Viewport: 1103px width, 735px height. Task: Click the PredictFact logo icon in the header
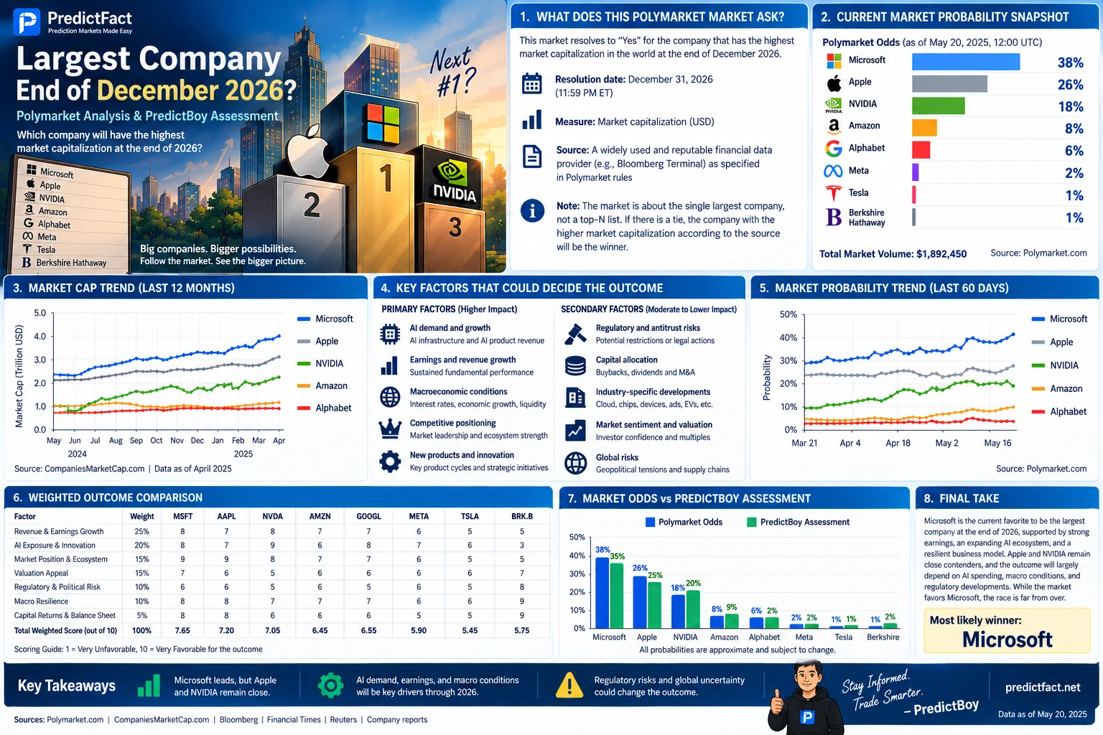[x=27, y=22]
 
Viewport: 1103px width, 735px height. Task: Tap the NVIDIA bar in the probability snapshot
[x=938, y=106]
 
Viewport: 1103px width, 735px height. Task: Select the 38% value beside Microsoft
[x=1070, y=62]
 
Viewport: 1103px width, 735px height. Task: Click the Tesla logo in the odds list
[x=833, y=193]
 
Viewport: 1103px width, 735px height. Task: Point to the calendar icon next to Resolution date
[x=532, y=84]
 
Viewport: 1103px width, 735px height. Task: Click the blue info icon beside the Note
[x=532, y=211]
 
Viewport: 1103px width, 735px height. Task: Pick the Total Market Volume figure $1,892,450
[x=941, y=254]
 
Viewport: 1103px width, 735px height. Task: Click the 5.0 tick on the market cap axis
[x=40, y=313]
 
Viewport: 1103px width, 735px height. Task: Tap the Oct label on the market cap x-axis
[x=157, y=441]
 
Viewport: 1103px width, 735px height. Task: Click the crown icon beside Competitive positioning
[x=390, y=429]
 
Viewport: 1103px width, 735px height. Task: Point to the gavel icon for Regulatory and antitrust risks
[x=575, y=334]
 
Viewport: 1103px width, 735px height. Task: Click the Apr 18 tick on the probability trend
[x=898, y=443]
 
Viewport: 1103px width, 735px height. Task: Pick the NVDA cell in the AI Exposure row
[x=272, y=546]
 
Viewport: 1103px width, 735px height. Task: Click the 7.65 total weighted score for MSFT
[x=182, y=631]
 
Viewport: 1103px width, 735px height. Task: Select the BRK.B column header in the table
[x=522, y=516]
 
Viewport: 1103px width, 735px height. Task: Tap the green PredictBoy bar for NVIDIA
[x=693, y=609]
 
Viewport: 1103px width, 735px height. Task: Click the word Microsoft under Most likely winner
[x=1007, y=640]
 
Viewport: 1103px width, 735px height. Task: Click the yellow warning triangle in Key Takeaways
[x=569, y=685]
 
